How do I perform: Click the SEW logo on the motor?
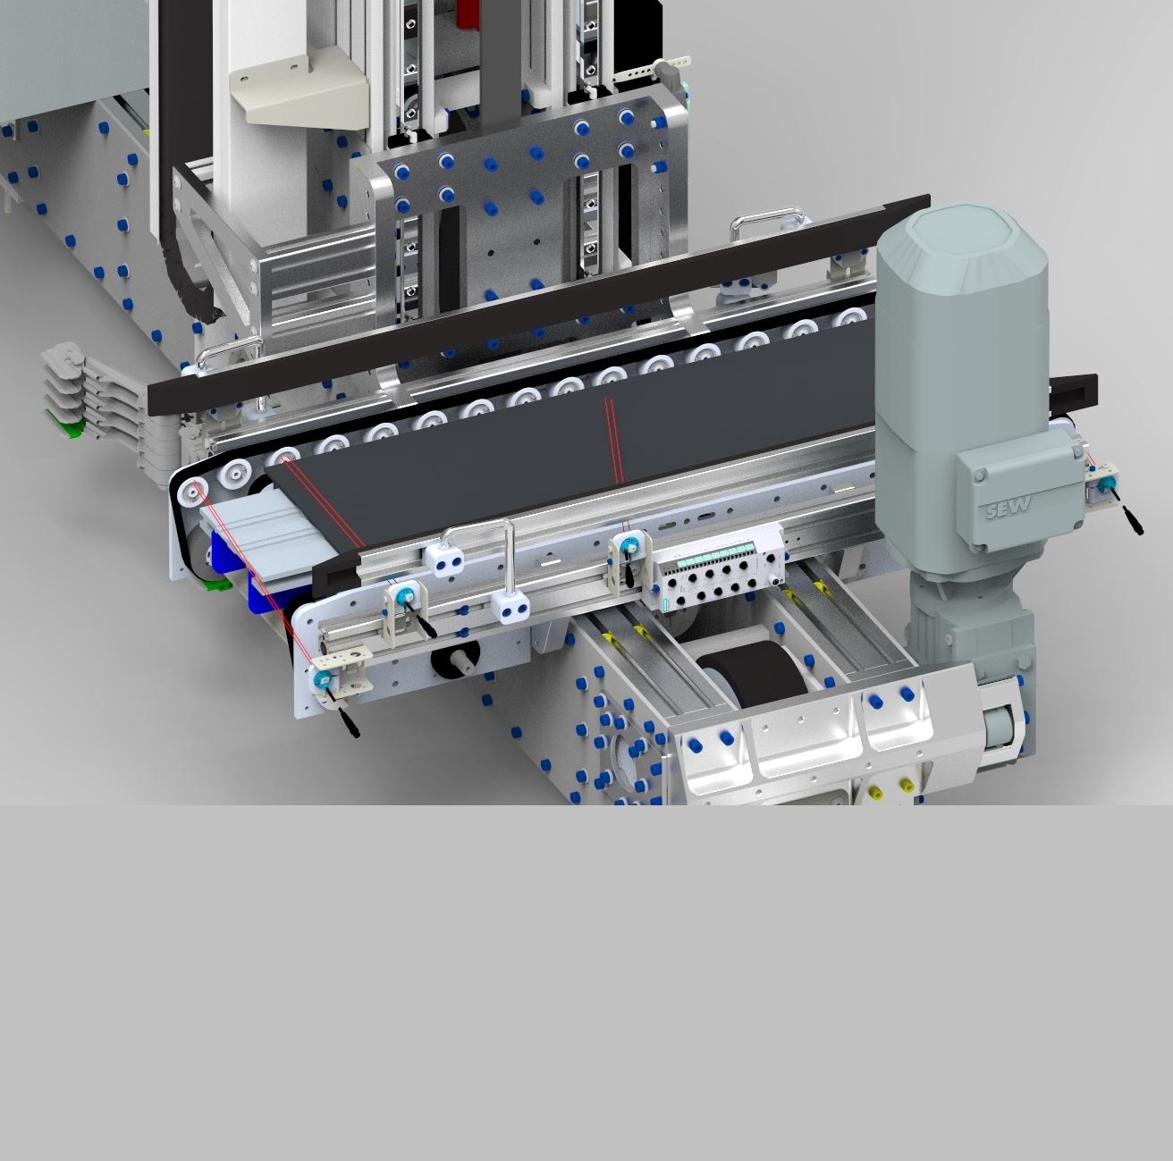click(1008, 507)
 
